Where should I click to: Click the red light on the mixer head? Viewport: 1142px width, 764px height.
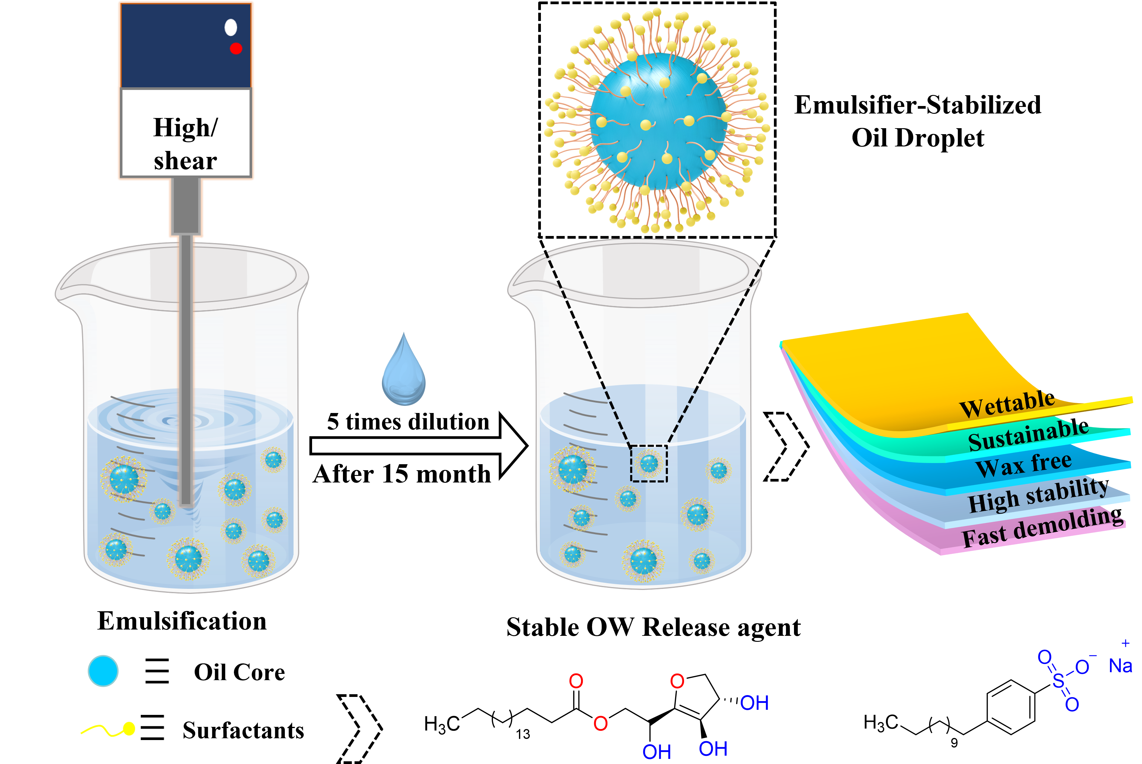tap(236, 48)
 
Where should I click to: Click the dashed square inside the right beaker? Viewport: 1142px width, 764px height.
tap(649, 463)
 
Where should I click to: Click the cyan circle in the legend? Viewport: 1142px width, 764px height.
tap(103, 671)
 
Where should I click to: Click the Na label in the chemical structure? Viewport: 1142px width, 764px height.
tap(1120, 665)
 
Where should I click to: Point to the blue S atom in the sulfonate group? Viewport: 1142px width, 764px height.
tap(1058, 680)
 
